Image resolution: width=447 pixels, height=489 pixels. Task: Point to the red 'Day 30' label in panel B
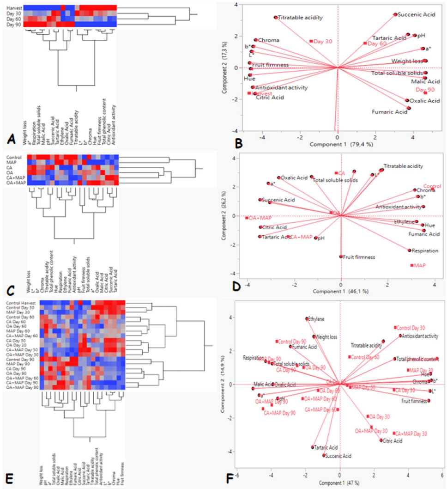pyautogui.click(x=323, y=42)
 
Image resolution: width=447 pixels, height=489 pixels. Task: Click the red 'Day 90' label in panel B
pyautogui.click(x=425, y=90)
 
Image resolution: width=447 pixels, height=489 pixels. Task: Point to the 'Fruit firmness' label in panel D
pyautogui.click(x=359, y=257)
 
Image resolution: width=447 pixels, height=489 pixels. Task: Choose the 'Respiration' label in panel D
pyautogui.click(x=423, y=251)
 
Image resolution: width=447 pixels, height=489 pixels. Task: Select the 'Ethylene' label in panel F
pyautogui.click(x=317, y=319)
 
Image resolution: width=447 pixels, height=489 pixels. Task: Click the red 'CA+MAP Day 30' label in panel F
pyautogui.click(x=410, y=434)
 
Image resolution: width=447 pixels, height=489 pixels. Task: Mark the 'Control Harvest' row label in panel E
pyautogui.click(x=22, y=303)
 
